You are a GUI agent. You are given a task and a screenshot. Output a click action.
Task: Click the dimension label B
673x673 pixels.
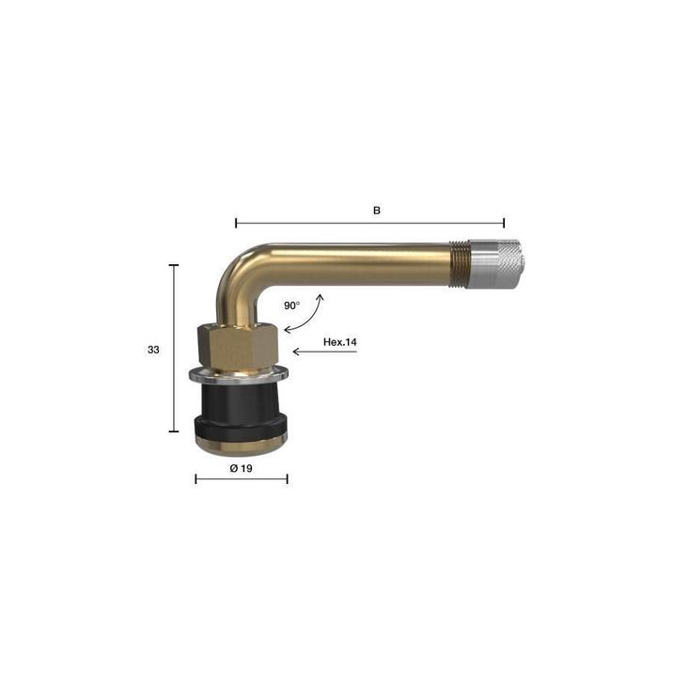[376, 211]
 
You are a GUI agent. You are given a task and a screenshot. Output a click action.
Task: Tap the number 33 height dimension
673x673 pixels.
[153, 350]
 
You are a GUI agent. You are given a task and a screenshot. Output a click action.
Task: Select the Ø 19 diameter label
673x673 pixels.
[242, 468]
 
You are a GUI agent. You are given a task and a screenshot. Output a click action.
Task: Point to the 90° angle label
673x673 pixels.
[292, 305]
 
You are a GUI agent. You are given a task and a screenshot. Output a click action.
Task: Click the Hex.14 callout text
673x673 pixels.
[340, 342]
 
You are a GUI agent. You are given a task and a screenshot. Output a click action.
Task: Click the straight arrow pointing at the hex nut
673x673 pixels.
[325, 352]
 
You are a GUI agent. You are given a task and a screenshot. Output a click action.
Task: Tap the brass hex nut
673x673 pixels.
[239, 346]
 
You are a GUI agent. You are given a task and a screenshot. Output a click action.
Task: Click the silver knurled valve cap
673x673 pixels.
[494, 263]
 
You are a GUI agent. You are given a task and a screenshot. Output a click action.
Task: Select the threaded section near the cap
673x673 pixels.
[459, 263]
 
